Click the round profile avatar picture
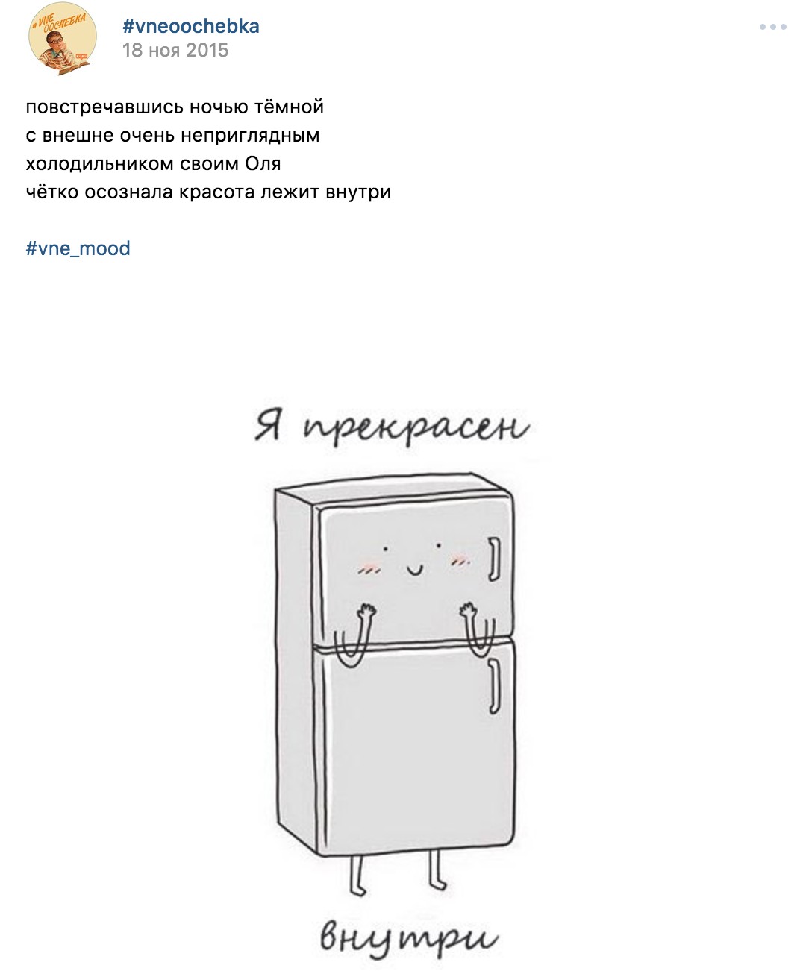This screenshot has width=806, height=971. (x=63, y=38)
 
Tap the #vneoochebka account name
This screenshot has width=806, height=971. (x=191, y=26)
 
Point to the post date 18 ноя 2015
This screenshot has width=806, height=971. (x=175, y=50)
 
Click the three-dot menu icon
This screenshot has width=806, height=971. (x=773, y=27)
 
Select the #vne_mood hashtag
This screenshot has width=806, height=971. (x=78, y=248)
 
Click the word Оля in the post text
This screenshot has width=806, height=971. (x=263, y=163)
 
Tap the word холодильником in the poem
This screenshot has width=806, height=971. (x=99, y=163)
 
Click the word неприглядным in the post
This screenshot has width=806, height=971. (x=250, y=136)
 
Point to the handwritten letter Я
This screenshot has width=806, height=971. (x=268, y=425)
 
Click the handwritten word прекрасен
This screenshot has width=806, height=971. (x=416, y=428)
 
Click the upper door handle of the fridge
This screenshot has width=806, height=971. (x=494, y=559)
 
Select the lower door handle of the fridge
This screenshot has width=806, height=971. (x=495, y=687)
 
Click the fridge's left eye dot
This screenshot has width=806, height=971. (x=385, y=549)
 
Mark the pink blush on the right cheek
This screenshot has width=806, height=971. (x=460, y=559)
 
